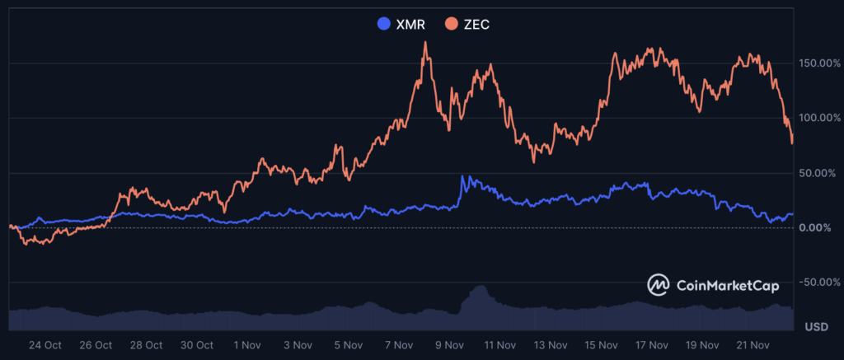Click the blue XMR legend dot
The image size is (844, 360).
point(382,24)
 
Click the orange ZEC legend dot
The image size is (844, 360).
point(452,24)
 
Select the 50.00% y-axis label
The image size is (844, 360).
point(820,173)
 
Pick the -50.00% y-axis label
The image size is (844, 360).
point(818,283)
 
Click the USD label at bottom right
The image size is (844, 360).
point(816,326)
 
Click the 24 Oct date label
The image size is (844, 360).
point(45,345)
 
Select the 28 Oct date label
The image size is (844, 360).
point(147,345)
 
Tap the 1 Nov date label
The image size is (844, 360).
point(248,345)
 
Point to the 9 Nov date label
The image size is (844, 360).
point(449,345)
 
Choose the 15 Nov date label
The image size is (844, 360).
point(601,345)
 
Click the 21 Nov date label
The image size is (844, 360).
point(752,345)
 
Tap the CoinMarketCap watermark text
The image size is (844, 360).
point(727,285)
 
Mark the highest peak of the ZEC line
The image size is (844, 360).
point(425,43)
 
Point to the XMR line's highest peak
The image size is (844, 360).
point(462,176)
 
